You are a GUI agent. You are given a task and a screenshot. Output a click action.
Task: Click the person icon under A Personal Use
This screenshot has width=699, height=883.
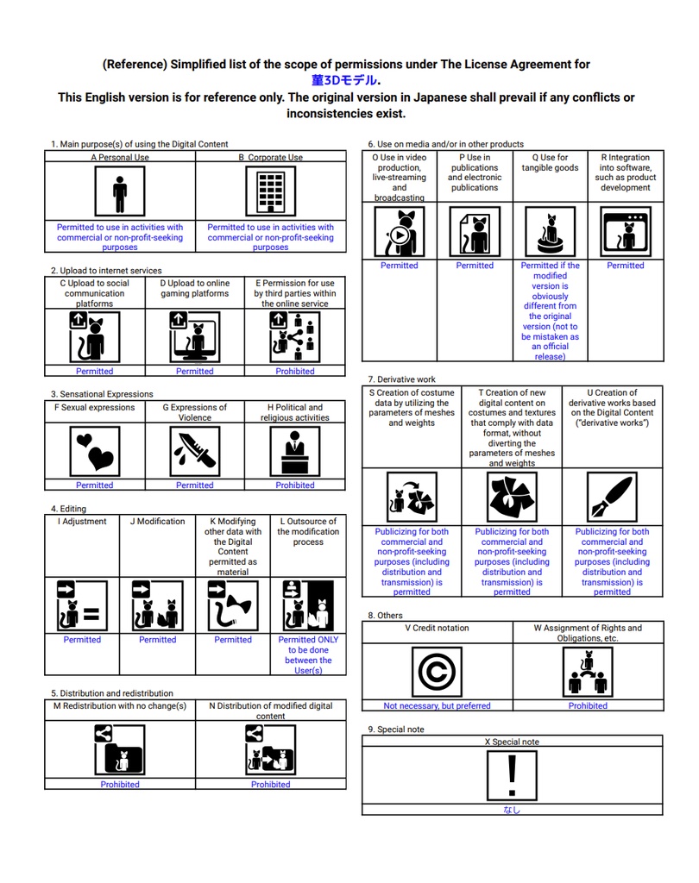(x=120, y=191)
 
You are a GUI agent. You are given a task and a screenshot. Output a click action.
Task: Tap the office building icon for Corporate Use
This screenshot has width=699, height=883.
(x=270, y=191)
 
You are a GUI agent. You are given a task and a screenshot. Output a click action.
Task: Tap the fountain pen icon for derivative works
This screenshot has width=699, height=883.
(x=612, y=498)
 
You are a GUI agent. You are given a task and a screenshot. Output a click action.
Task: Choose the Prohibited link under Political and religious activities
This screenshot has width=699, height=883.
(x=295, y=485)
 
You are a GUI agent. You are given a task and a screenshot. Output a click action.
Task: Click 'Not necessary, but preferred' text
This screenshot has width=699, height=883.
(x=437, y=706)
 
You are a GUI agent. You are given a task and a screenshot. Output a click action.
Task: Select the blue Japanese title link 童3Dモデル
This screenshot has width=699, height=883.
(x=343, y=80)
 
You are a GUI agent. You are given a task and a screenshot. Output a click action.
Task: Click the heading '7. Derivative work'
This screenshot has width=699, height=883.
(x=402, y=379)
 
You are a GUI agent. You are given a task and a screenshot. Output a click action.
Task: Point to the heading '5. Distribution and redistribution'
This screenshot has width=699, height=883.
(x=112, y=693)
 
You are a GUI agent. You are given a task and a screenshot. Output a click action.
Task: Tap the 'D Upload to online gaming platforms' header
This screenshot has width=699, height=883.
(x=195, y=288)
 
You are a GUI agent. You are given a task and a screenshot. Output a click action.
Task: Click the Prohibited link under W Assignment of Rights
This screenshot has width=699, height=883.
(x=588, y=706)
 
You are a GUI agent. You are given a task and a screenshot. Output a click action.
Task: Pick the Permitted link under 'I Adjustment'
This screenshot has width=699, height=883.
(x=82, y=640)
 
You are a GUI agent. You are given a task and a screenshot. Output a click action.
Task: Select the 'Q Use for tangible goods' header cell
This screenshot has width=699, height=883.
(x=550, y=163)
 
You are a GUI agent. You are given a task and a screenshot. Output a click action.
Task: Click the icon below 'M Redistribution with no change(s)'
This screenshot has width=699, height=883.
(x=120, y=749)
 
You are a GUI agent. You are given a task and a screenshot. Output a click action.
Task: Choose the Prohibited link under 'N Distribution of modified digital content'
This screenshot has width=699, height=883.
(x=270, y=785)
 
